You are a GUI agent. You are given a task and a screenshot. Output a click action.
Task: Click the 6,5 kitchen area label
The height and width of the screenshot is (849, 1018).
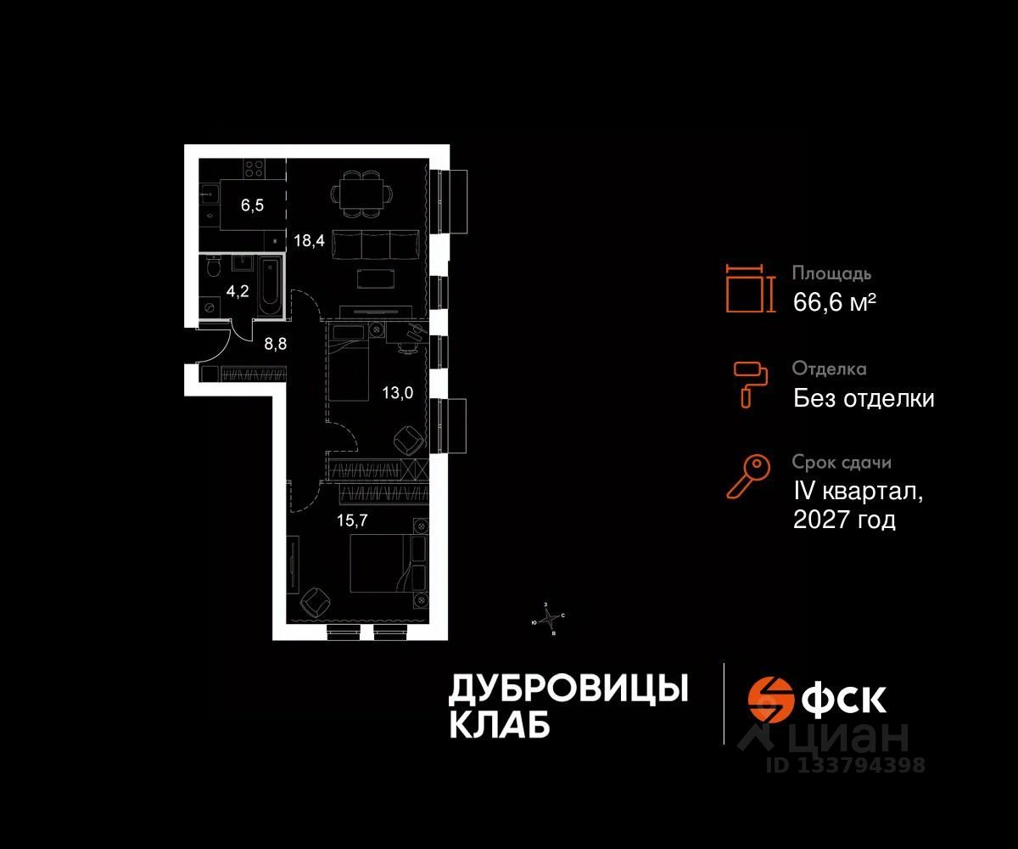click(x=251, y=205)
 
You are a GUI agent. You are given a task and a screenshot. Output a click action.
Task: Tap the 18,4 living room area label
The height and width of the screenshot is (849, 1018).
click(x=308, y=240)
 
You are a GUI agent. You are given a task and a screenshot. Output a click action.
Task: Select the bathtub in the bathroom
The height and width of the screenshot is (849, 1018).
click(x=270, y=284)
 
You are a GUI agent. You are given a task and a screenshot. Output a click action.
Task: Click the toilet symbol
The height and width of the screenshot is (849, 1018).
click(x=213, y=269)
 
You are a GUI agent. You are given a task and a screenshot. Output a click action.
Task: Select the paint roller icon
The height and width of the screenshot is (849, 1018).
click(x=750, y=383)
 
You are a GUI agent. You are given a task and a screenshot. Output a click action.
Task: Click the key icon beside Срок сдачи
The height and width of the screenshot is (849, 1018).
click(x=748, y=477)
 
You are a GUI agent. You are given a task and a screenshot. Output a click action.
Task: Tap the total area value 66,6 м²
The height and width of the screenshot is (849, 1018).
click(x=834, y=301)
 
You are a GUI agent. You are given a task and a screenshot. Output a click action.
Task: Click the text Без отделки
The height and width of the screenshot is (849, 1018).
click(x=864, y=397)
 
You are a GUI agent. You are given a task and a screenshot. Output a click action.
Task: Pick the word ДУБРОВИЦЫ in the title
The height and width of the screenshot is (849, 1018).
click(x=568, y=689)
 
